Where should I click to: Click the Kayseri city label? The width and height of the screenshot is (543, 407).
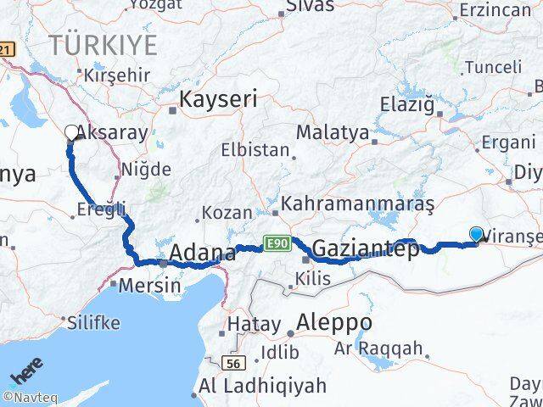pos(218,99)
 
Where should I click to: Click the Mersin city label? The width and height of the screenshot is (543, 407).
pos(149,285)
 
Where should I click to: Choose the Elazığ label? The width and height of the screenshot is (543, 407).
pos(410,106)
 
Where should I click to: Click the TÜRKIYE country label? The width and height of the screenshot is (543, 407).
pos(104,44)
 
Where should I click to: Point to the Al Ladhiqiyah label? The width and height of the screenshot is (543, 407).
pos(263,386)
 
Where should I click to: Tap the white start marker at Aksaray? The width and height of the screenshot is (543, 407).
pos(70,132)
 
